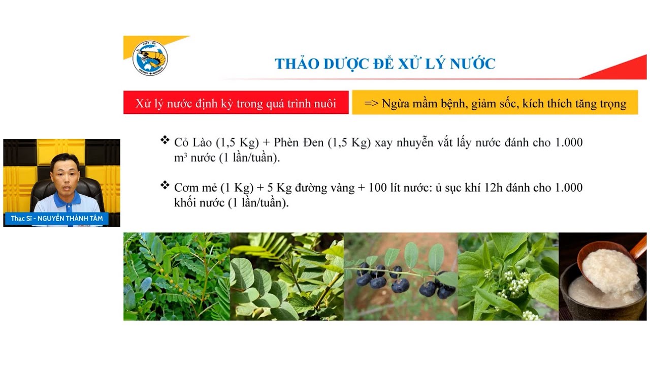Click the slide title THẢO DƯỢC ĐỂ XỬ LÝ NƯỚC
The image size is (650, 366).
pyautogui.click(x=385, y=64)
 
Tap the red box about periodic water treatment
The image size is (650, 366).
pyautogui.click(x=236, y=103)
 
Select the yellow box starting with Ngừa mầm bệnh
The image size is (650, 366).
pyautogui.click(x=495, y=103)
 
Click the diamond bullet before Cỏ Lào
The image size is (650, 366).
pyautogui.click(x=165, y=140)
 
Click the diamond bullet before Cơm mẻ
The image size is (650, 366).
pyautogui.click(x=165, y=185)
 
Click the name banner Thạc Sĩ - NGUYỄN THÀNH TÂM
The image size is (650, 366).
pyautogui.click(x=57, y=219)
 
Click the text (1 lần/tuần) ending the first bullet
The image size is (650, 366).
pyautogui.click(x=249, y=158)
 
